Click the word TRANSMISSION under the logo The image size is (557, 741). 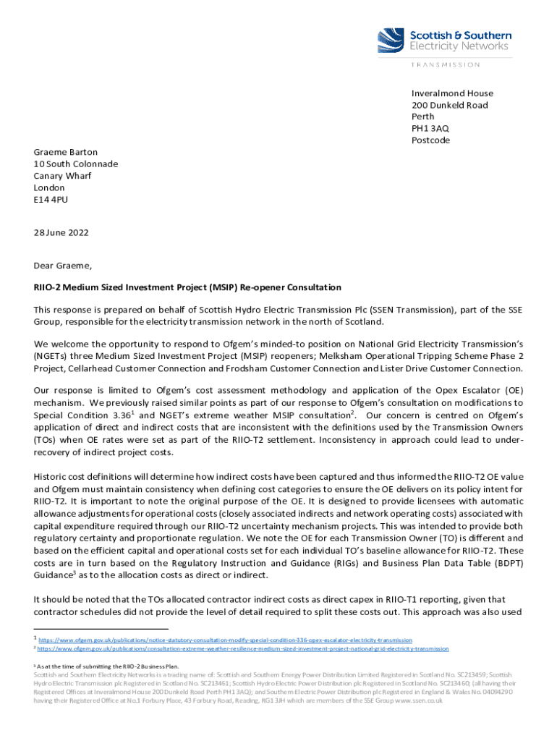point(446,64)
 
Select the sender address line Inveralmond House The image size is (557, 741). point(452,93)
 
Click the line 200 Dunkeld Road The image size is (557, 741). point(449,105)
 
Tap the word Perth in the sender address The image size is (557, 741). point(423,117)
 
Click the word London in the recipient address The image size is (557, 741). point(49,187)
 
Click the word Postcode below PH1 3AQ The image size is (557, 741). point(430,140)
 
